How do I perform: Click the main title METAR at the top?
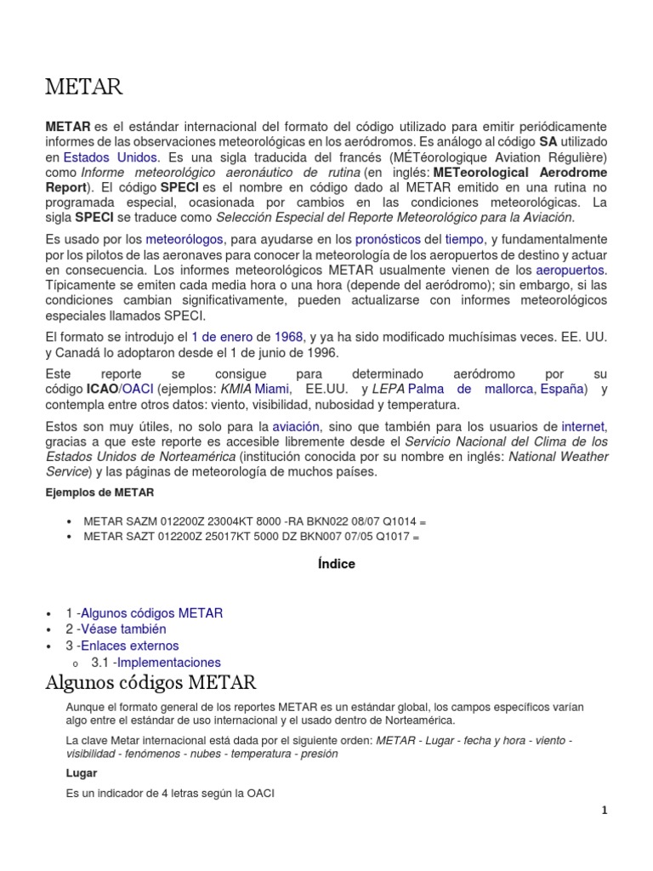pyautogui.click(x=84, y=87)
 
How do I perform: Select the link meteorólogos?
pyautogui.click(x=179, y=241)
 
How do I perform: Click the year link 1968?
pyautogui.click(x=288, y=337)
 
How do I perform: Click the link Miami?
pyautogui.click(x=272, y=389)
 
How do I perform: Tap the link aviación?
pyautogui.click(x=296, y=426)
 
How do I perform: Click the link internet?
pyautogui.click(x=584, y=426)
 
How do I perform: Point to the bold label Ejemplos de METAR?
pyautogui.click(x=99, y=492)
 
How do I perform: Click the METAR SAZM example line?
pyautogui.click(x=251, y=521)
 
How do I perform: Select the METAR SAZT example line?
pyautogui.click(x=252, y=537)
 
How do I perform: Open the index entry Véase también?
pyautogui.click(x=124, y=629)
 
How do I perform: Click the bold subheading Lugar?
pyautogui.click(x=82, y=773)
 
